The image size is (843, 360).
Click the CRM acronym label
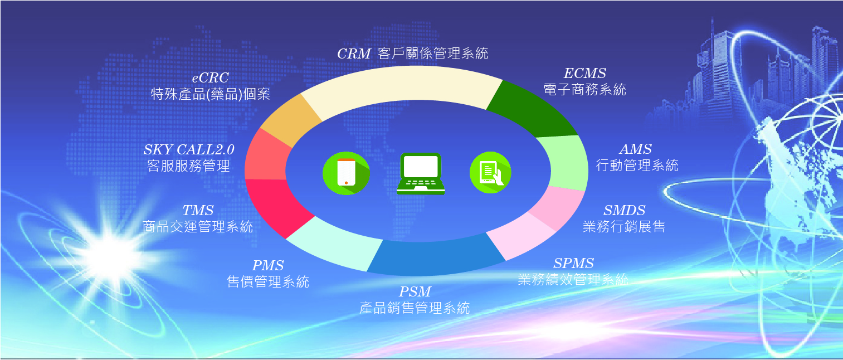click(x=354, y=54)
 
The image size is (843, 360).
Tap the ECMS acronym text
click(x=585, y=73)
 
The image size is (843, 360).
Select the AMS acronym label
click(x=636, y=149)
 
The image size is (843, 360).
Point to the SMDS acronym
click(x=625, y=210)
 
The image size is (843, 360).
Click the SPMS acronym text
click(x=573, y=263)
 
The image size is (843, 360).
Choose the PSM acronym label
click(x=415, y=291)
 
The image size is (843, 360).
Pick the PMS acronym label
click(x=267, y=265)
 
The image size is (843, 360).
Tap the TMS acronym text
click(x=198, y=210)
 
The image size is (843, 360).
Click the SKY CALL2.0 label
click(x=189, y=149)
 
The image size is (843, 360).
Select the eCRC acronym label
click(x=210, y=77)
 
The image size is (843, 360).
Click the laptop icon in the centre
click(x=420, y=174)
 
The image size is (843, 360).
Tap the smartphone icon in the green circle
click(x=346, y=173)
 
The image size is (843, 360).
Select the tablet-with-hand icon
click(x=490, y=172)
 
